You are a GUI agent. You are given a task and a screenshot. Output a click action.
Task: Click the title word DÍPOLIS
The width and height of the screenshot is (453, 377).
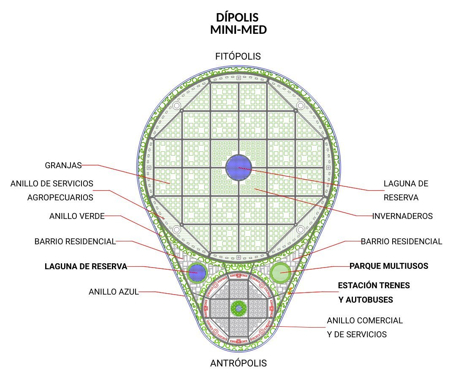[237, 17]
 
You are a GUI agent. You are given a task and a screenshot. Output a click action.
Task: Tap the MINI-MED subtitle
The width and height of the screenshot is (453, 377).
[238, 30]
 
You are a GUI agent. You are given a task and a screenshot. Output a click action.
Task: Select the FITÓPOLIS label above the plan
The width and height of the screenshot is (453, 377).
[238, 56]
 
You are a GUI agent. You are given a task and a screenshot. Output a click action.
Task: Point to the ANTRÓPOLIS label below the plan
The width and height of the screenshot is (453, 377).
[238, 363]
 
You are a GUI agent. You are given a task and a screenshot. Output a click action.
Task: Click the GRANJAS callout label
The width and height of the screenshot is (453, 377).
[63, 165]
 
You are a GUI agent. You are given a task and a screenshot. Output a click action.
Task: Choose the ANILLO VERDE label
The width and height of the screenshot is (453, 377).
[77, 216]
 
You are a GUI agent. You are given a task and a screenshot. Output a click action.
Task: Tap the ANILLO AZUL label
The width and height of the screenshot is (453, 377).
[114, 292]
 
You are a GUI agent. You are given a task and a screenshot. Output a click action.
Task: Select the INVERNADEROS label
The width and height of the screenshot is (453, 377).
[402, 216]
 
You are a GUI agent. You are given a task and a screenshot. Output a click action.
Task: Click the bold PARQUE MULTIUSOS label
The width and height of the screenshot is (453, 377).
[389, 266]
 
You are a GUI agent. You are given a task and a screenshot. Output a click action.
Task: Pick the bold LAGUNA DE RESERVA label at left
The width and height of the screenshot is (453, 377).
[86, 266]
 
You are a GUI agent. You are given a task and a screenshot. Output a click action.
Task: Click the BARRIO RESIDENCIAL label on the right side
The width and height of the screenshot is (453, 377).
[401, 241]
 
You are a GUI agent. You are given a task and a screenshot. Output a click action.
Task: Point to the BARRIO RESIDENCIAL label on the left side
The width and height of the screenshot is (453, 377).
[75, 241]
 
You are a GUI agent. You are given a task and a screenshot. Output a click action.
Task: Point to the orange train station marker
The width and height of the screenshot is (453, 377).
[290, 291]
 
